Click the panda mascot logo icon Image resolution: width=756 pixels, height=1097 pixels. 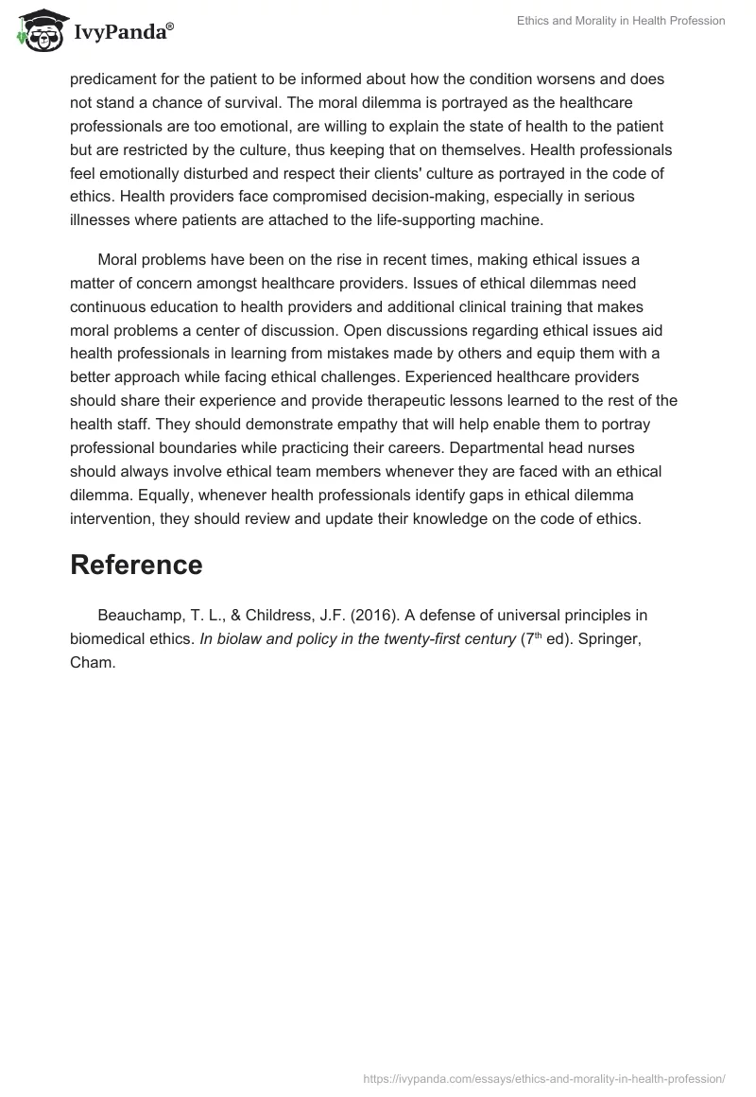(x=39, y=31)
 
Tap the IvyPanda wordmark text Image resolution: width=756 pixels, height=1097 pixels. (x=122, y=32)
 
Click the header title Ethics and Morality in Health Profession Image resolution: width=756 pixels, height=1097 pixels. (x=621, y=21)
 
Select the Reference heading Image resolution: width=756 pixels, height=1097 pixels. (x=136, y=565)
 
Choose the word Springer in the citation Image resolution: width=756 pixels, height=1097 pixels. (x=611, y=638)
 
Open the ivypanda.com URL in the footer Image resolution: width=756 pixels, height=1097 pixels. (x=544, y=1077)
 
